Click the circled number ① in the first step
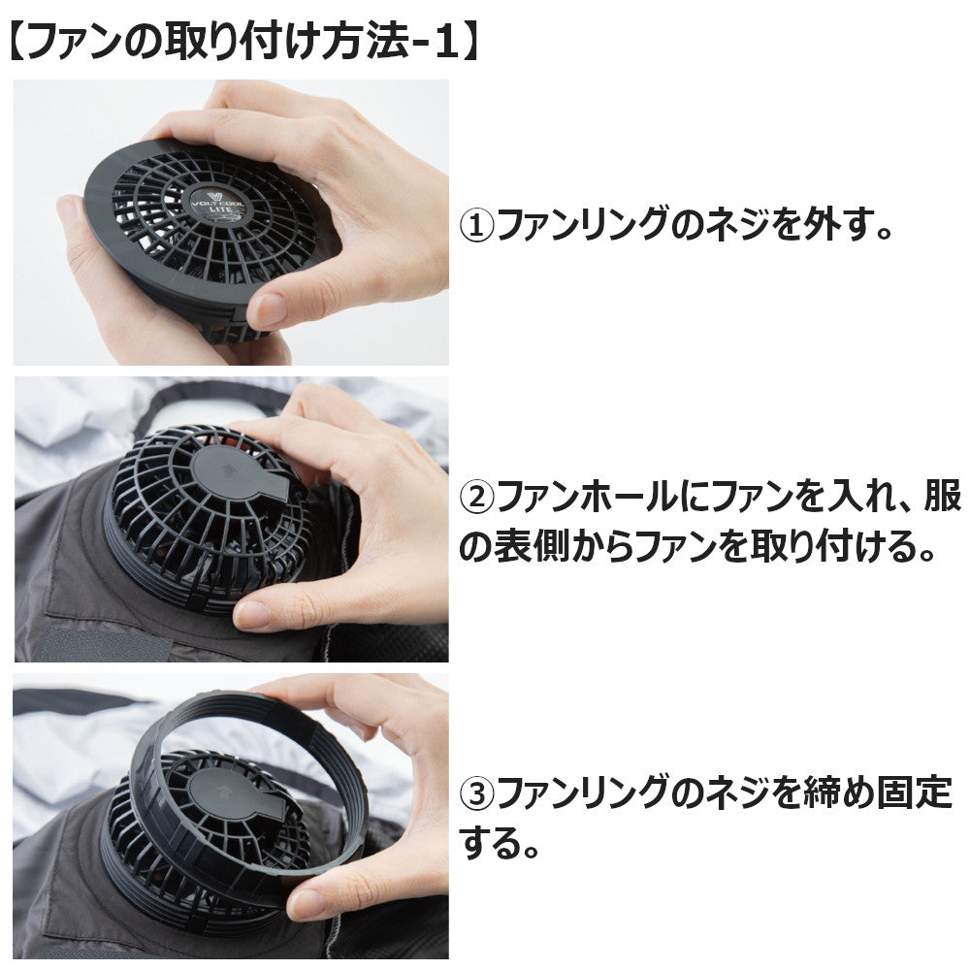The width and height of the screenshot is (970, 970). coord(476,226)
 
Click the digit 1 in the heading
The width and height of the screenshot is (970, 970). coord(447,42)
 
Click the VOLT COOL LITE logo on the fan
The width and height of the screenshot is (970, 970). coord(217,204)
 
